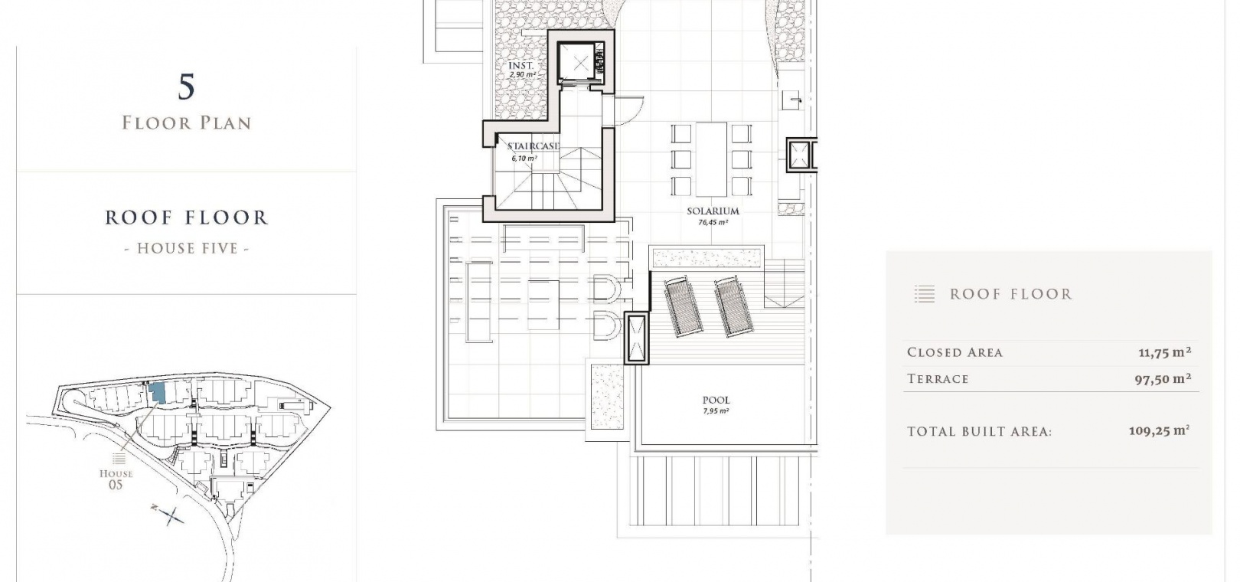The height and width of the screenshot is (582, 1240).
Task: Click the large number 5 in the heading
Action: (187, 87)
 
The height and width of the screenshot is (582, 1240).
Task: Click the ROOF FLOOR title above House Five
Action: (187, 217)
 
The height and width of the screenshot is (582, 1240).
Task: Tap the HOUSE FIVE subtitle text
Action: (187, 249)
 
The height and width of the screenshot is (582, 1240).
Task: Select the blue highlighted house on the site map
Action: (157, 393)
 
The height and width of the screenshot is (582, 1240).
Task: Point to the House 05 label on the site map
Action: (116, 479)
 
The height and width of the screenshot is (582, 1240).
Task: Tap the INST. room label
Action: (521, 66)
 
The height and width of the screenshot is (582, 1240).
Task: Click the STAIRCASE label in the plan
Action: (533, 146)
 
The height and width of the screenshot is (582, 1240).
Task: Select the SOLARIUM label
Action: (713, 211)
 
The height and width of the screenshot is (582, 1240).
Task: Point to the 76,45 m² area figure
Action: (713, 223)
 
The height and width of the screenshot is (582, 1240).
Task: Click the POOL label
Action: (716, 400)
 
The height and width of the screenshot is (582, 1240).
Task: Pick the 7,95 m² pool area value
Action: (716, 411)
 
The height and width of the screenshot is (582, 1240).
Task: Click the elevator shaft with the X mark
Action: (580, 63)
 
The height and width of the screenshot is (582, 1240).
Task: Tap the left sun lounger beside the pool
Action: (683, 306)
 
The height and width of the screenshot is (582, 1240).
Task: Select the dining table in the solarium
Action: (711, 159)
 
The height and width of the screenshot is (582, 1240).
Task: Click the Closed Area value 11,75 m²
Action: (1165, 352)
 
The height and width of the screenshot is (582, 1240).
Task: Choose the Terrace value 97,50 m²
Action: (1163, 379)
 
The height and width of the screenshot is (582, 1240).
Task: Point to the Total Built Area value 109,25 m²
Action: (1159, 431)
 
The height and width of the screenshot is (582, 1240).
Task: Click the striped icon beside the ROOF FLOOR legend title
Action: (925, 294)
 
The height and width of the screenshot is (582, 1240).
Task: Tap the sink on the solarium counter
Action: (792, 100)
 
